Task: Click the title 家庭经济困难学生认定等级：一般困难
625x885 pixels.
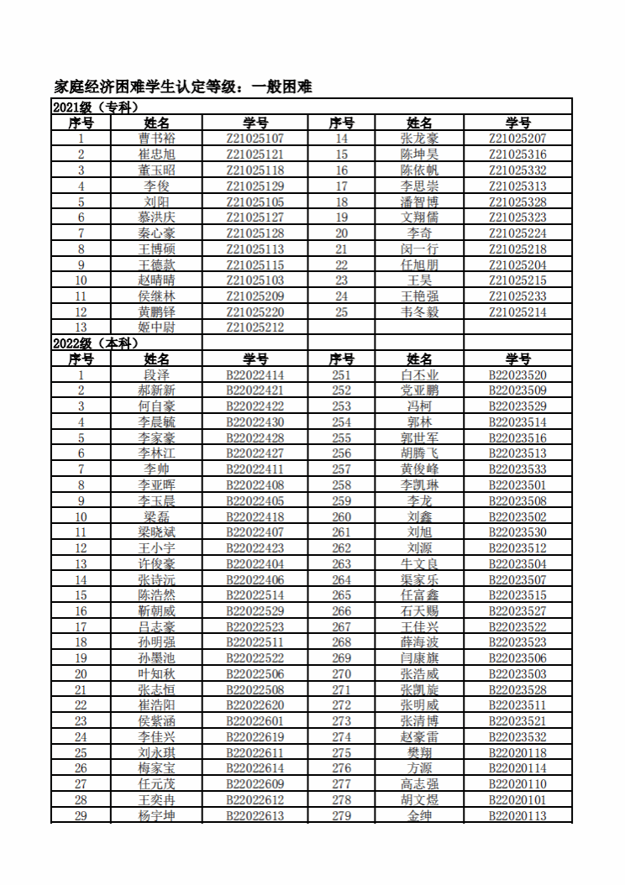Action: coord(183,86)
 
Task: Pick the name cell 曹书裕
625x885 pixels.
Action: coord(157,139)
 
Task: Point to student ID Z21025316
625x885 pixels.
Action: coord(517,154)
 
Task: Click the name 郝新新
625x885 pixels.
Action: coord(157,391)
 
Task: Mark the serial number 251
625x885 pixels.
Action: coord(342,375)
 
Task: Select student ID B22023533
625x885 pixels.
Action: coord(517,469)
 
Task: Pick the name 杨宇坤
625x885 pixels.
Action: coord(157,816)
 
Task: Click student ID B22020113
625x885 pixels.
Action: coord(517,816)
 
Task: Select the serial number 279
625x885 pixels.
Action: coord(342,816)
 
